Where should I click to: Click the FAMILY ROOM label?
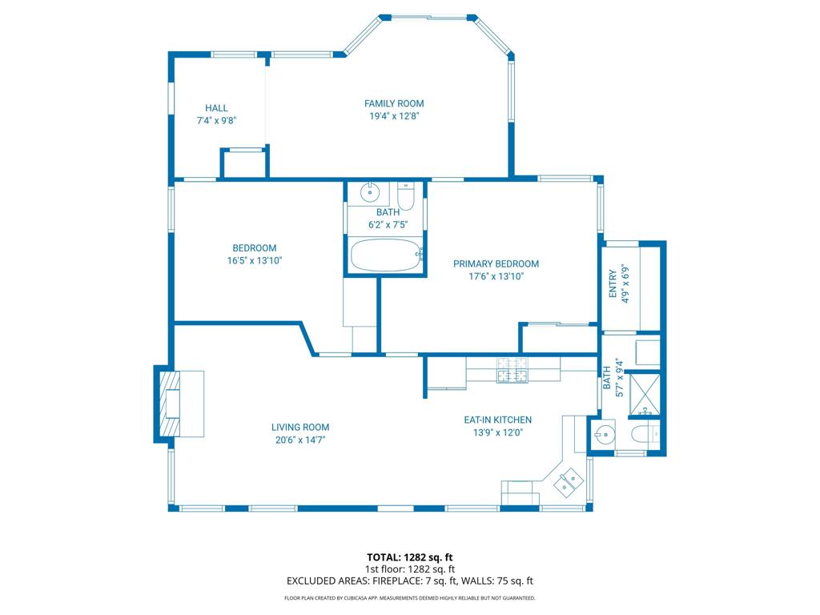click(394, 103)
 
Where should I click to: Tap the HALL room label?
click(216, 108)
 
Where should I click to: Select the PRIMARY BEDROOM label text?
click(496, 264)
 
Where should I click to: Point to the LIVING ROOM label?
click(300, 428)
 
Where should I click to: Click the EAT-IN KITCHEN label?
click(498, 420)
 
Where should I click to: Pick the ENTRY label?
click(613, 284)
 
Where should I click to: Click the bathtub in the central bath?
click(386, 255)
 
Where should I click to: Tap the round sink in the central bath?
click(370, 192)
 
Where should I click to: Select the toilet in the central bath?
click(406, 196)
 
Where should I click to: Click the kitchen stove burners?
click(512, 370)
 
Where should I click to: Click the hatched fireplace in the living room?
click(170, 403)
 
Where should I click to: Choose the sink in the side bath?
click(604, 434)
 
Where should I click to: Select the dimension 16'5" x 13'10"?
click(254, 260)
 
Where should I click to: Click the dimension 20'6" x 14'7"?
click(300, 440)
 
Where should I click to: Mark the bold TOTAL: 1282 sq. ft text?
click(409, 557)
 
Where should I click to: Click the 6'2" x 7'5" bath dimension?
click(388, 225)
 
